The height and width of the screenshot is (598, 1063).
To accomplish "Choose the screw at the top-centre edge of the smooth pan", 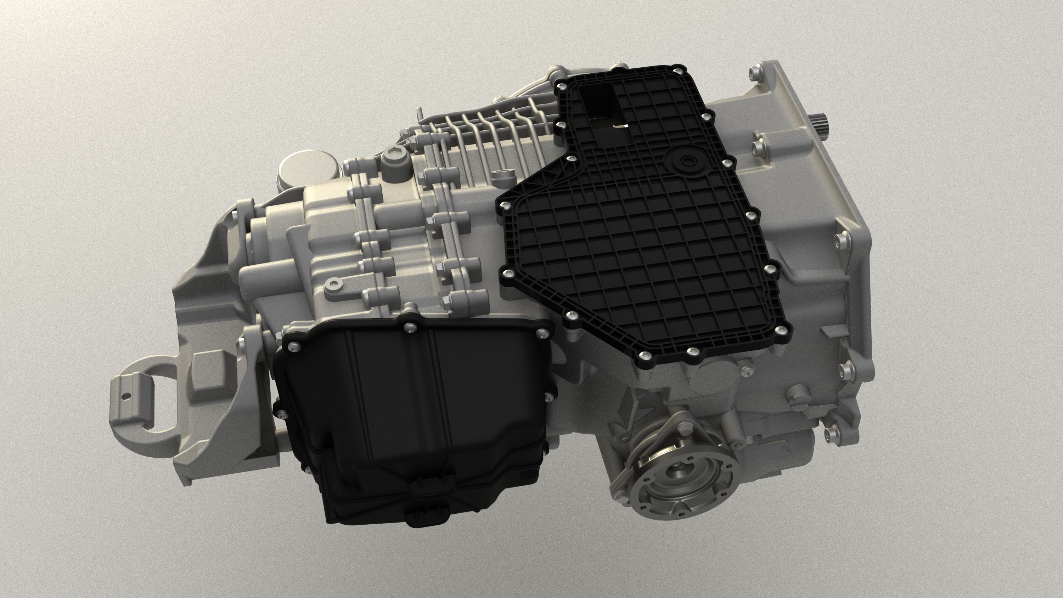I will tap(411, 327).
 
